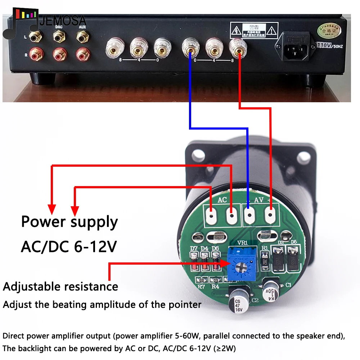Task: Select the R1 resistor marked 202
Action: click(x=265, y=260)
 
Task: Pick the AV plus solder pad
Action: click(x=270, y=216)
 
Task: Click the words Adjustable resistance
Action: click(x=60, y=287)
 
